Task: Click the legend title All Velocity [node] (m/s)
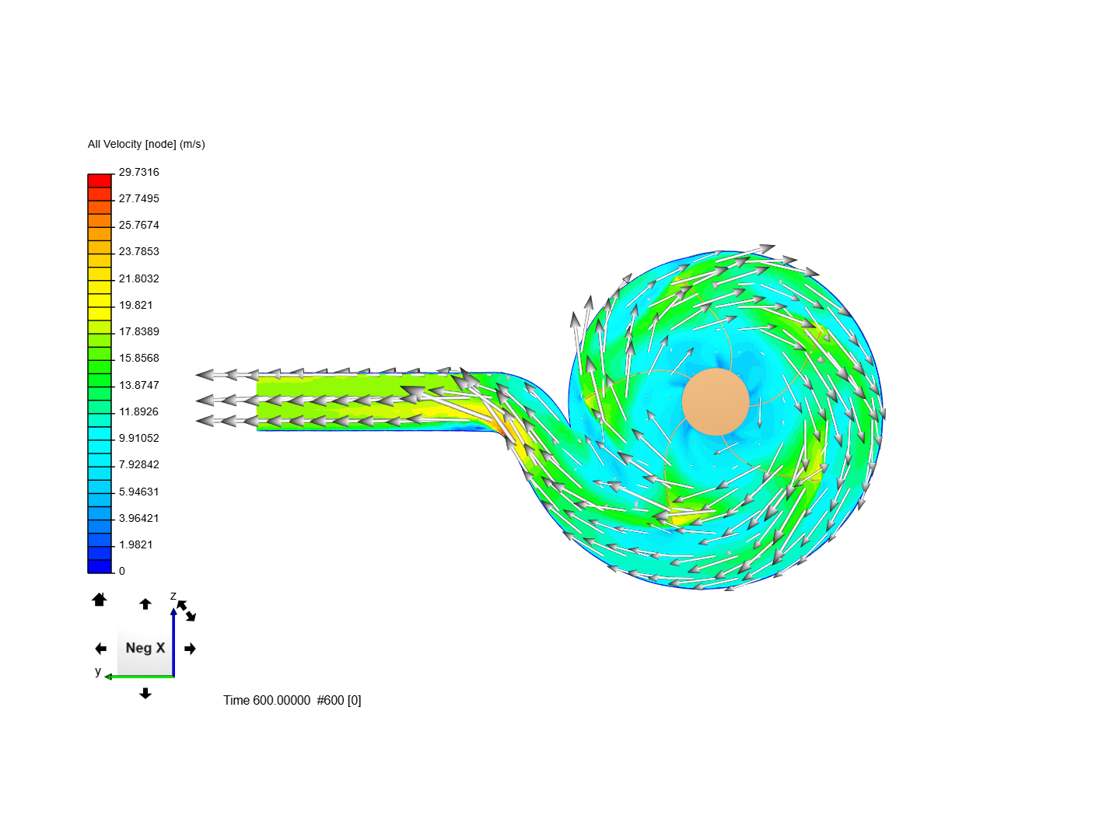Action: click(x=146, y=144)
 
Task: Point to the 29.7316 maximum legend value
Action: click(x=138, y=172)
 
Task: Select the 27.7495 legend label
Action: click(x=138, y=198)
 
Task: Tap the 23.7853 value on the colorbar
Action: click(x=138, y=251)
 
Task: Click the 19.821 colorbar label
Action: click(x=135, y=305)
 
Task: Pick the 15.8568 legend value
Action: click(x=138, y=358)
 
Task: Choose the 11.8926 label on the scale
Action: click(x=138, y=411)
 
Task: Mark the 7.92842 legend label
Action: click(x=138, y=464)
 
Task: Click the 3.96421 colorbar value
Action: click(x=138, y=518)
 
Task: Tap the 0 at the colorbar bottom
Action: click(x=122, y=571)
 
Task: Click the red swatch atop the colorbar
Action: click(x=100, y=180)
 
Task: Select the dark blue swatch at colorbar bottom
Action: click(x=100, y=566)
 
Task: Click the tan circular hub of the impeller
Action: click(x=716, y=402)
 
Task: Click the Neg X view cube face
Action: click(x=145, y=648)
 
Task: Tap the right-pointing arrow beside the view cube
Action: click(x=191, y=649)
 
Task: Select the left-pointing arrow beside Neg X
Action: click(x=100, y=649)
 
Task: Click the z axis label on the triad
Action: click(x=173, y=597)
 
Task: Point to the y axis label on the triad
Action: click(x=98, y=671)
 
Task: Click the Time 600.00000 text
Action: click(x=267, y=700)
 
